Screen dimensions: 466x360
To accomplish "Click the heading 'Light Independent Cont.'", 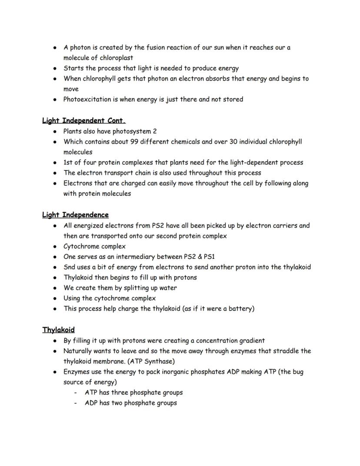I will [84, 121].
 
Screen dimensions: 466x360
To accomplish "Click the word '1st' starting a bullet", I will [69, 163].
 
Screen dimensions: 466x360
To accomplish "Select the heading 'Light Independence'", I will [75, 215].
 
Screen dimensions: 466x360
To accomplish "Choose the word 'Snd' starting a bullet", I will [70, 267].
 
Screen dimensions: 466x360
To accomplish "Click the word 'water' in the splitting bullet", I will [168, 288].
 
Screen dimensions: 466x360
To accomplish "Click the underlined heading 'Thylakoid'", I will [58, 330].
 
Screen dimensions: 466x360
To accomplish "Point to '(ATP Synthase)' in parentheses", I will [152, 362].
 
